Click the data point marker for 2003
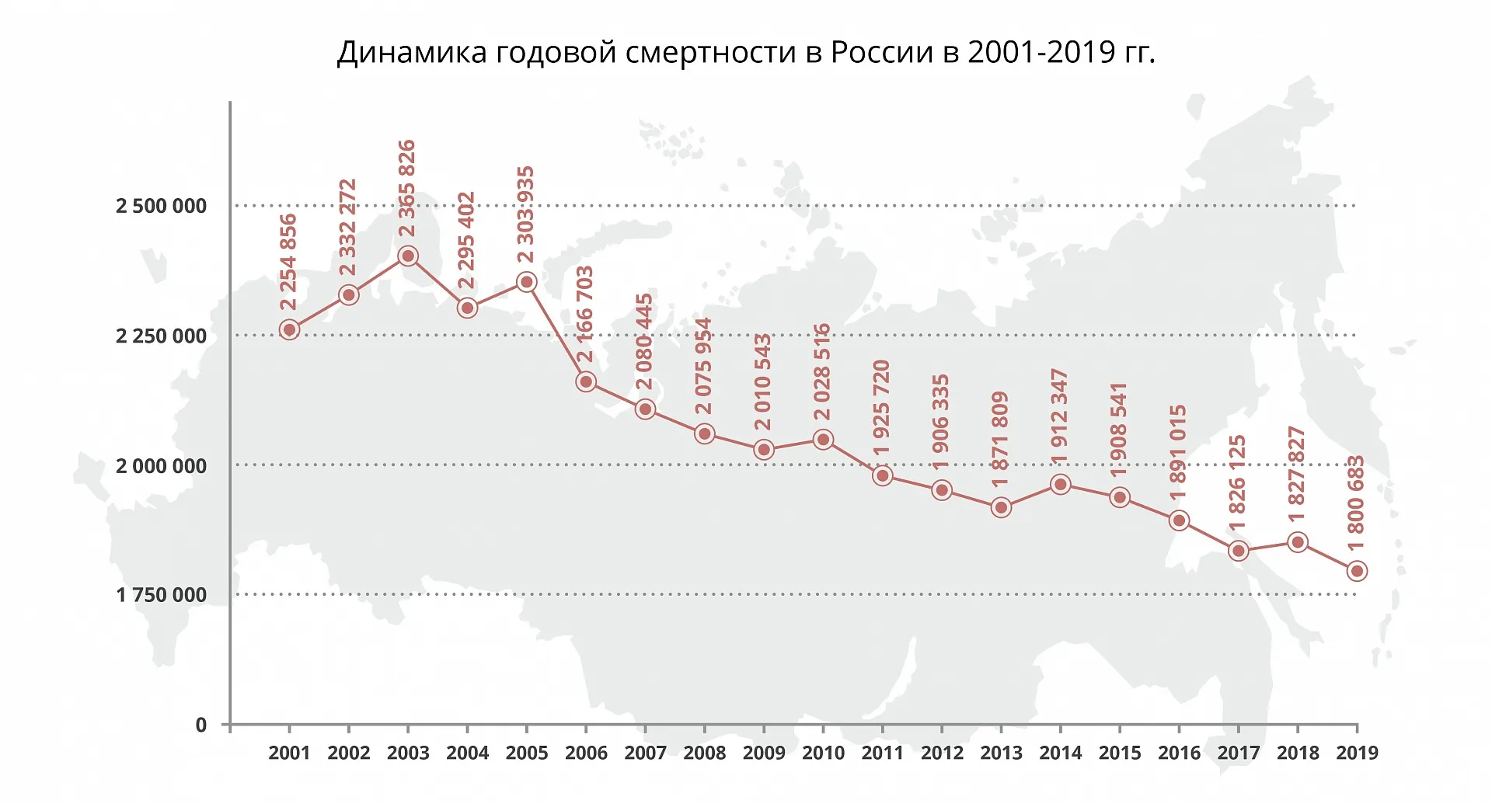tap(408, 256)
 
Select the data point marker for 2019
tap(1357, 571)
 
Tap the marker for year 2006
tap(586, 381)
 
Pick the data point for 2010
tap(823, 440)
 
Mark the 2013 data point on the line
tap(1001, 508)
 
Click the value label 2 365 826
tap(406, 188)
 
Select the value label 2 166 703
tap(584, 314)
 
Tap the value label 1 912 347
tap(1059, 417)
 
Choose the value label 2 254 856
tap(288, 263)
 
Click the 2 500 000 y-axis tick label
tap(162, 207)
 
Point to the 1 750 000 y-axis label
tap(162, 596)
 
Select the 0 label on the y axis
tap(201, 726)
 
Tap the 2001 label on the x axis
tap(289, 753)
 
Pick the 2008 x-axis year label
tap(704, 753)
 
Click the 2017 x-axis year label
tap(1238, 753)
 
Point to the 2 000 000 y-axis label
tap(162, 466)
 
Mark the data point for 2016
tap(1179, 520)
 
